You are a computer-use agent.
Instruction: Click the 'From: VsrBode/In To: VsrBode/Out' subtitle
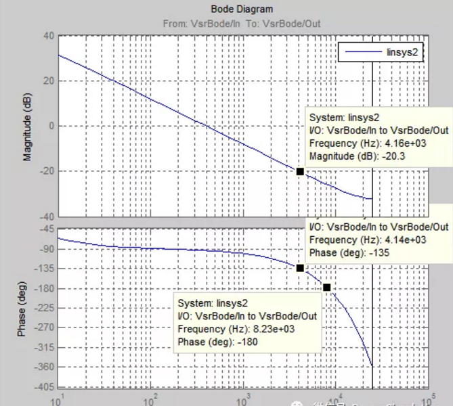(242, 24)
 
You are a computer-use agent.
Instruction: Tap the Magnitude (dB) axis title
(28, 127)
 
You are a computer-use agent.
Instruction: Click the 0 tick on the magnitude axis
(51, 126)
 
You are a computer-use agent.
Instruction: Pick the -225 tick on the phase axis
(44, 308)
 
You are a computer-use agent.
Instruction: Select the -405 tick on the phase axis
(44, 386)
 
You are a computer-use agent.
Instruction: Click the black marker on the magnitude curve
(300, 171)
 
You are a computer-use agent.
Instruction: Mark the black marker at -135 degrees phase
(300, 268)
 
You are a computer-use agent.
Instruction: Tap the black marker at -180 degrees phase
(327, 288)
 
